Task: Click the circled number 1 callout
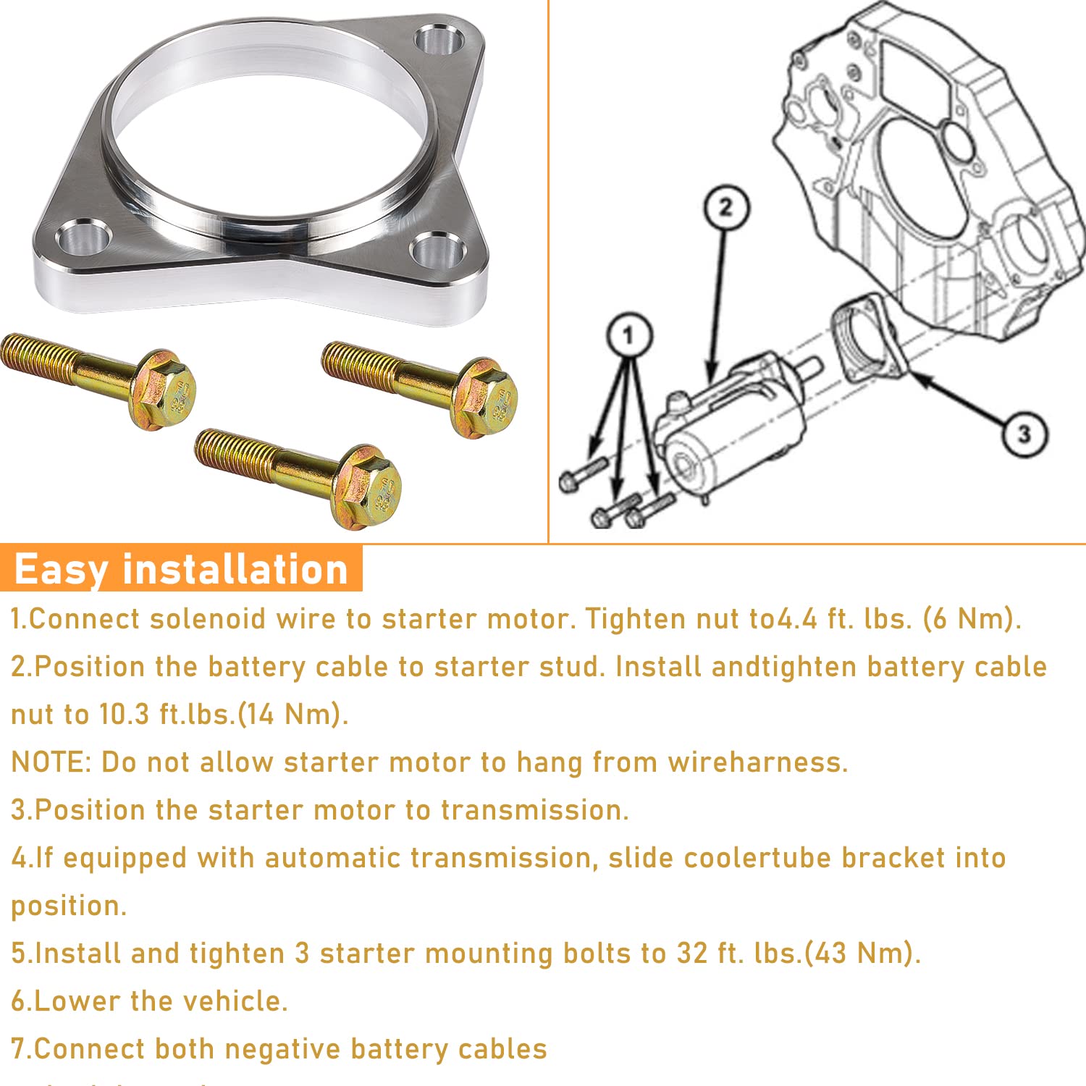coord(628,335)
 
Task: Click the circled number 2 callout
coord(725,209)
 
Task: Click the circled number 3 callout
coord(1024,434)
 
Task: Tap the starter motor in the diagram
coord(731,427)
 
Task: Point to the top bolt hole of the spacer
coord(439,40)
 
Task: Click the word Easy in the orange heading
coord(61,569)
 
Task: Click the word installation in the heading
coord(235,569)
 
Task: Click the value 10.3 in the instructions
coord(124,715)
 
